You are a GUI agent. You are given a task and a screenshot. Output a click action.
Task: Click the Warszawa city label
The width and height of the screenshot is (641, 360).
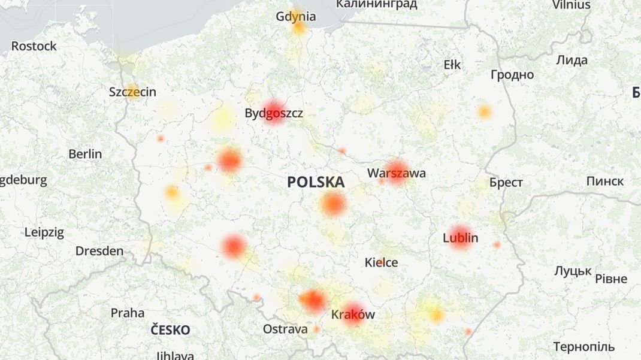pyautogui.click(x=397, y=173)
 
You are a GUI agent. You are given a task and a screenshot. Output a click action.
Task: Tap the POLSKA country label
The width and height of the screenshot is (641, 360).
pyautogui.click(x=316, y=182)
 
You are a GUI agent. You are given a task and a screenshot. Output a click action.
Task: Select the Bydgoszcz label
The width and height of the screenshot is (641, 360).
pyautogui.click(x=274, y=113)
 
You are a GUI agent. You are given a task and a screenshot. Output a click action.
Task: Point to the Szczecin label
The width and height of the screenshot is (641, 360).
pyautogui.click(x=132, y=92)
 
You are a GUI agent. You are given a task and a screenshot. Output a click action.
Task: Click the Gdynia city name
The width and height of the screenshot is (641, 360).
pyautogui.click(x=296, y=16)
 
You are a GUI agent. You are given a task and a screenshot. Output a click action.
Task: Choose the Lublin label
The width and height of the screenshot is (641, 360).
pyautogui.click(x=460, y=238)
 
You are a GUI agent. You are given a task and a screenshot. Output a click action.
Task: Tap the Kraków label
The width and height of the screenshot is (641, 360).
pyautogui.click(x=353, y=314)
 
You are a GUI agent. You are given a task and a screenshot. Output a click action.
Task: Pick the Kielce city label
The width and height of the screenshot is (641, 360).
pyautogui.click(x=381, y=262)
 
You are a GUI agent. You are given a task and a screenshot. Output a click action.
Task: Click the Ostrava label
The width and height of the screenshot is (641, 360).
pyautogui.click(x=285, y=329)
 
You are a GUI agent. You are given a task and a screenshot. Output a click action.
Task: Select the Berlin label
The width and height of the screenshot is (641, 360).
pyautogui.click(x=85, y=154)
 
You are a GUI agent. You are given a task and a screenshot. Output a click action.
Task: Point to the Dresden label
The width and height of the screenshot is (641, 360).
pyautogui.click(x=99, y=251)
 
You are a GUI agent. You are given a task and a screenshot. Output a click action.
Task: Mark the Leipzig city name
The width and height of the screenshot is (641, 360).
pyautogui.click(x=44, y=232)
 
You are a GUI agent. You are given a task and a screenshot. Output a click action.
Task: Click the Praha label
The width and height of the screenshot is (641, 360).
pyautogui.click(x=128, y=313)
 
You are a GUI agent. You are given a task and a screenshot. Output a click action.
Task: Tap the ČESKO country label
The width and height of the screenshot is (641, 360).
pyautogui.click(x=170, y=330)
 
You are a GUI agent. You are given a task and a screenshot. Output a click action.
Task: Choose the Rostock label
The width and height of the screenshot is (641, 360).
pyautogui.click(x=34, y=46)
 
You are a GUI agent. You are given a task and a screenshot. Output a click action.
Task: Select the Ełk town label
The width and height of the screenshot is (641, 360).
pyautogui.click(x=452, y=65)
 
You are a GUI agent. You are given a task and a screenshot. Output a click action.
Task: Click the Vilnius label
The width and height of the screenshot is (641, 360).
pyautogui.click(x=571, y=5)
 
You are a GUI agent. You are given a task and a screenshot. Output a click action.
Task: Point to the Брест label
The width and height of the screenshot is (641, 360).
pyautogui.click(x=506, y=183)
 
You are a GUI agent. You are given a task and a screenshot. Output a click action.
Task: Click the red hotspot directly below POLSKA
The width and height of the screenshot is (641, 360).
pyautogui.click(x=333, y=205)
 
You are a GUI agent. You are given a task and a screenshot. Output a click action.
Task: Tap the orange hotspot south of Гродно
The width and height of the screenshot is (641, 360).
pyautogui.click(x=484, y=111)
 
